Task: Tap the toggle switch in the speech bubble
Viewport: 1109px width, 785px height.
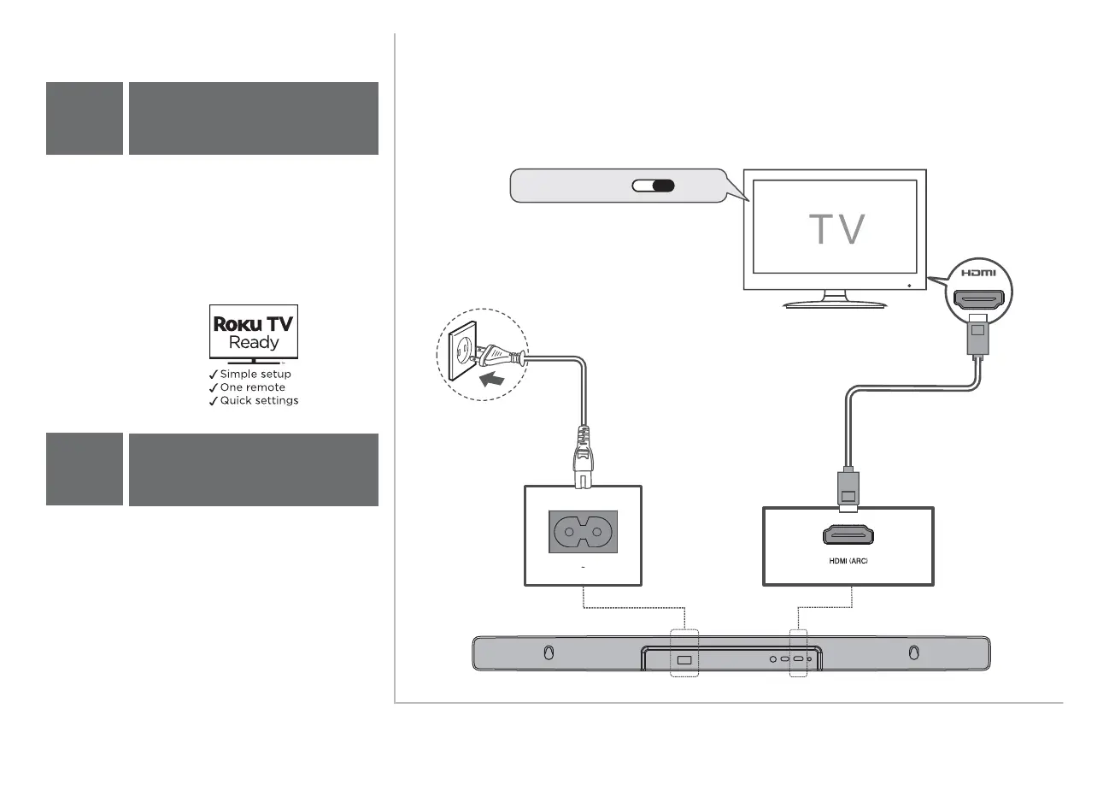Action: point(654,186)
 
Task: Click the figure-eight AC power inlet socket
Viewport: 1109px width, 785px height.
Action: point(582,535)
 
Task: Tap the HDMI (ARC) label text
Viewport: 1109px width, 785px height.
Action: point(848,561)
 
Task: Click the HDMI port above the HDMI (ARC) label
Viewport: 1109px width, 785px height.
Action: point(848,535)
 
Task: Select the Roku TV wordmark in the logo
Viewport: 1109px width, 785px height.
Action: point(254,325)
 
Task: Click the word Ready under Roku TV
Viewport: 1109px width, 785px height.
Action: point(254,343)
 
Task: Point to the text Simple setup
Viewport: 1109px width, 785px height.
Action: point(255,375)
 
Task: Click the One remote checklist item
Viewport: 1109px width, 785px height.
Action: point(253,387)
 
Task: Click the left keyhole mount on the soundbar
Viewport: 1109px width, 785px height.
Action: point(549,653)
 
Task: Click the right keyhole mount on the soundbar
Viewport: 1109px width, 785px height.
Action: point(913,653)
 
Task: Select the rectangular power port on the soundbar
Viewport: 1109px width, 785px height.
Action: point(684,659)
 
